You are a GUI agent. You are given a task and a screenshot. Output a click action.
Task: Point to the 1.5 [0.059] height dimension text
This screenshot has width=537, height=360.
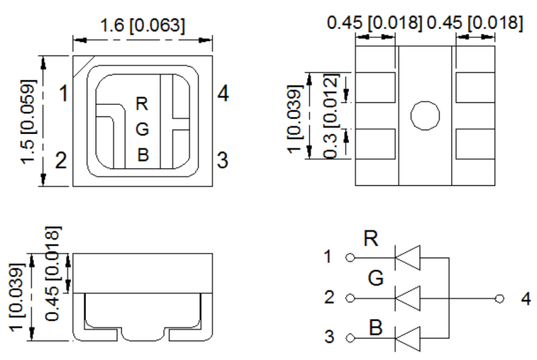30,121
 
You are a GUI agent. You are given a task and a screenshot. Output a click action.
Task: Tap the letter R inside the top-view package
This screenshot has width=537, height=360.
142,104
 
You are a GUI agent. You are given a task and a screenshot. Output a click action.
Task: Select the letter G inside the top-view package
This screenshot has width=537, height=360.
143,129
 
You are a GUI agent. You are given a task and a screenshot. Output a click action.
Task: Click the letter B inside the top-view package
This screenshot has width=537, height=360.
143,155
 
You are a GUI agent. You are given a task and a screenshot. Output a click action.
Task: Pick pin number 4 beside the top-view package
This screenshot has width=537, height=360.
223,94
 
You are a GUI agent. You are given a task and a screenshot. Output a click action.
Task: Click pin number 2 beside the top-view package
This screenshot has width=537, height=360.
61,161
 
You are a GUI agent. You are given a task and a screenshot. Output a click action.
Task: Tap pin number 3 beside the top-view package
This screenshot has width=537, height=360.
222,161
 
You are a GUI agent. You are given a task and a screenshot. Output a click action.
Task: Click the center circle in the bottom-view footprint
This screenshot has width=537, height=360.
425,116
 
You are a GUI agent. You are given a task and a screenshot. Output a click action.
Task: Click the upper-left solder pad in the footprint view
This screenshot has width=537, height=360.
375,88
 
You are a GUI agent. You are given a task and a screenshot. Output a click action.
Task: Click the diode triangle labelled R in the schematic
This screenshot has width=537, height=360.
408,258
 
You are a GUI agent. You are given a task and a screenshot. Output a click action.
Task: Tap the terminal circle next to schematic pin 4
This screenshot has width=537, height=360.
500,298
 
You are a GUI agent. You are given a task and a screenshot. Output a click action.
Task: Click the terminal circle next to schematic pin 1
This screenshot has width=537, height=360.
350,258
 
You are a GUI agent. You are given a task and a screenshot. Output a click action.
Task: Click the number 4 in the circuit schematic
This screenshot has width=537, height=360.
525,299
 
